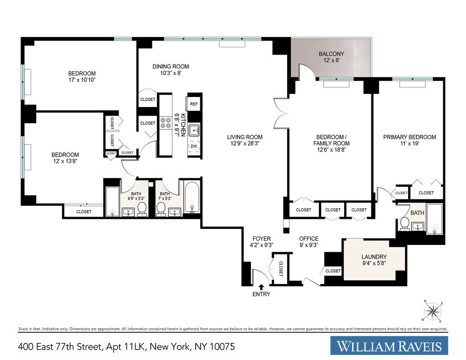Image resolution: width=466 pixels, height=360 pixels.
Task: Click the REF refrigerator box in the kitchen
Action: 193,104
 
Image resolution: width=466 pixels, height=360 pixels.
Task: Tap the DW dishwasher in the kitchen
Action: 193,146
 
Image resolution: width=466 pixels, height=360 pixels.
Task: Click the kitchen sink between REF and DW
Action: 194,130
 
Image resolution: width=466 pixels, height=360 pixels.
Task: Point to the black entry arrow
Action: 261,287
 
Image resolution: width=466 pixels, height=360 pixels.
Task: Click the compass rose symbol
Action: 433,312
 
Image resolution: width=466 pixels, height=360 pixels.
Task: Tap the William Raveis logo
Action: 389,346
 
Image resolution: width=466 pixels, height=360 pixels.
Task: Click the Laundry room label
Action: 374,260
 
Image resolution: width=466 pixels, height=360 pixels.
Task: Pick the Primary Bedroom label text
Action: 409,137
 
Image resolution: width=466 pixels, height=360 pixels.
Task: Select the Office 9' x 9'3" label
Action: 309,242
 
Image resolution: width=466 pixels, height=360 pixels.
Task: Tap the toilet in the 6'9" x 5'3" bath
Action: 142,208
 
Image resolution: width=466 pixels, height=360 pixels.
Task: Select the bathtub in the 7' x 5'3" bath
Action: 192,198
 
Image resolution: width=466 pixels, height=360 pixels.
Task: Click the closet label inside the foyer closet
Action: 280,269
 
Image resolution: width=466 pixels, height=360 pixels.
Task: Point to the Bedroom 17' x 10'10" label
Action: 82,77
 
